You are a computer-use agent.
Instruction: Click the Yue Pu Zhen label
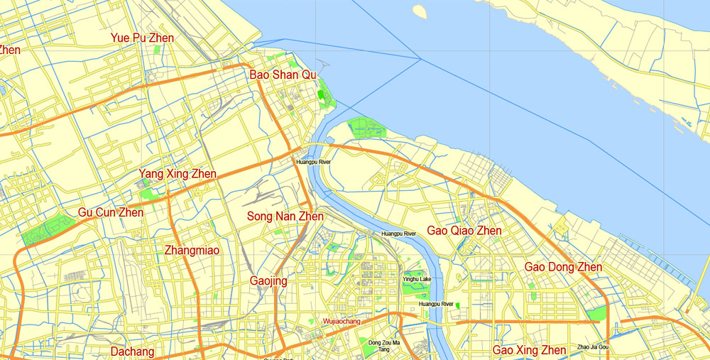tap(142, 38)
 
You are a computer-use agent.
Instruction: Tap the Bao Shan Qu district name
tap(283, 75)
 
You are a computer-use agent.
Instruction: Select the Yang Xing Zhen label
tap(177, 174)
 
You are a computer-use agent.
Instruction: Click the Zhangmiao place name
tap(192, 250)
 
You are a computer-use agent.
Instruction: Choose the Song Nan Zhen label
tap(285, 216)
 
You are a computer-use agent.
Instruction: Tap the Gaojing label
tap(268, 281)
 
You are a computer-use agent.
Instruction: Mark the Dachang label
tap(132, 351)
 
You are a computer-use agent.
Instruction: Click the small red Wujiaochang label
tap(342, 322)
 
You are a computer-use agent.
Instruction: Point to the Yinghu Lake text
tap(417, 279)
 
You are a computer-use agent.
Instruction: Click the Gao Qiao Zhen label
tap(464, 231)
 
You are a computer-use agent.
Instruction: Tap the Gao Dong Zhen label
tap(563, 267)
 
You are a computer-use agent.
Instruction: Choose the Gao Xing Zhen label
tap(529, 350)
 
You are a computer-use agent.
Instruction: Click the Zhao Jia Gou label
tap(593, 347)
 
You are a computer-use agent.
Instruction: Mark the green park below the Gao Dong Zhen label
tap(596, 312)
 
